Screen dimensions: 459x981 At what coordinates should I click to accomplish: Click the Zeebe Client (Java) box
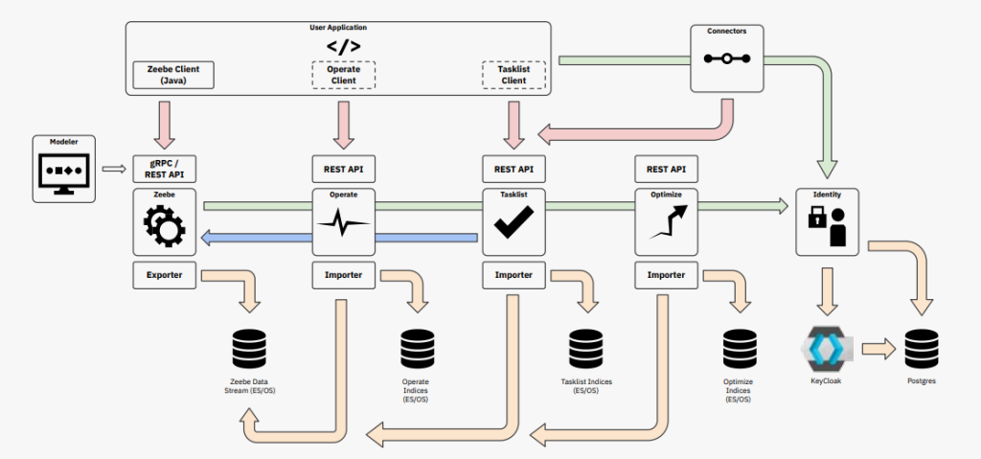[172, 75]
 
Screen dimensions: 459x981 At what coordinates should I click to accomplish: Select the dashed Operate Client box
[343, 75]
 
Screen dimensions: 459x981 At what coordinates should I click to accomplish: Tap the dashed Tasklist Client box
[513, 75]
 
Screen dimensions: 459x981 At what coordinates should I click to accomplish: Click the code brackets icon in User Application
[343, 45]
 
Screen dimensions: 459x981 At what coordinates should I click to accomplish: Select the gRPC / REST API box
[165, 170]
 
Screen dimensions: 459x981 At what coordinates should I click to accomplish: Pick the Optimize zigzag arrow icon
[665, 228]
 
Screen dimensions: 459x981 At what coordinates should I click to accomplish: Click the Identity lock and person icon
[827, 230]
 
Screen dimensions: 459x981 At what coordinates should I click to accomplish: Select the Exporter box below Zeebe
[165, 275]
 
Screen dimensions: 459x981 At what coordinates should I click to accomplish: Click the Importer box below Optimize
[665, 275]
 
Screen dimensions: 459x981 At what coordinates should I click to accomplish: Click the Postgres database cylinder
[921, 348]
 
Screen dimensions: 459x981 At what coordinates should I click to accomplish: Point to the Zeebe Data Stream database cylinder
[250, 349]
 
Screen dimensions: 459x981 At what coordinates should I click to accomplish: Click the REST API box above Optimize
[665, 170]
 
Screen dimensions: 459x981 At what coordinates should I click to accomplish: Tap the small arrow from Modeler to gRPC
[113, 171]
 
